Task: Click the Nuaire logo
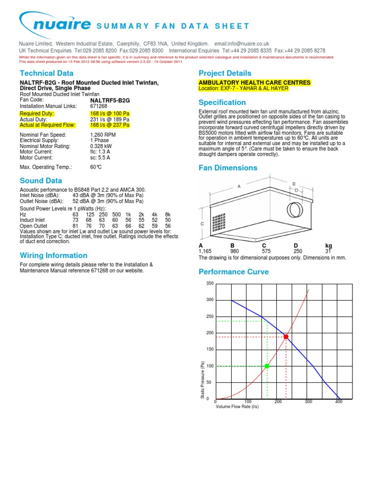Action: [x=55, y=23]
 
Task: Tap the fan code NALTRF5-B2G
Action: [x=110, y=100]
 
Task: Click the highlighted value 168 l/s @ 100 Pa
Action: [x=110, y=114]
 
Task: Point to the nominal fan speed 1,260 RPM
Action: [x=103, y=135]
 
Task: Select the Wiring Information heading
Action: [x=54, y=255]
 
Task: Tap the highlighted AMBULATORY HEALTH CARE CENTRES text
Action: [x=254, y=83]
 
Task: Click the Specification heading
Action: [x=222, y=102]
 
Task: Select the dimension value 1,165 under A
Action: [x=205, y=251]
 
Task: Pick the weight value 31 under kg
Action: [x=328, y=251]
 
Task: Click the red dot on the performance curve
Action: [x=286, y=337]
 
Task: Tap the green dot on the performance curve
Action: [x=267, y=366]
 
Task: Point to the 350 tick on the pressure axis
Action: [x=210, y=284]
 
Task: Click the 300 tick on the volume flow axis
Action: [x=308, y=402]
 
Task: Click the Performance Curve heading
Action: [x=233, y=272]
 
